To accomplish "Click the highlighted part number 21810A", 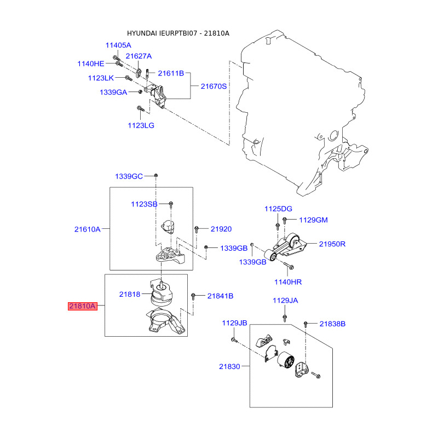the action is point(83,306).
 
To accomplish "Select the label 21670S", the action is point(214,87).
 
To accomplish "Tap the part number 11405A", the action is point(118,45).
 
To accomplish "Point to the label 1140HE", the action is point(91,64).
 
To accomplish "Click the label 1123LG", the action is point(141,125).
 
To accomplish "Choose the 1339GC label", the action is point(129,176).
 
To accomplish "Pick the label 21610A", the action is point(88,229).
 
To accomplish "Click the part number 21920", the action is point(221,229).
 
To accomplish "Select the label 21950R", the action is point(332,244).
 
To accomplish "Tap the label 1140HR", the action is point(288,282).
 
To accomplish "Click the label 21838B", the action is point(332,324).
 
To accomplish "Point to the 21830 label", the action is point(229,366).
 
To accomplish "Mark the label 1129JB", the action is point(235,323).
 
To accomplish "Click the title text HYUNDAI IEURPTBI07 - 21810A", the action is point(178,33).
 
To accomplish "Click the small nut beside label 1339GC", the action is point(156,175).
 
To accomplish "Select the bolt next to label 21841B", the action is point(193,296).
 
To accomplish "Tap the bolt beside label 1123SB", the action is point(171,204).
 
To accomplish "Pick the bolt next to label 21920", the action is point(197,229).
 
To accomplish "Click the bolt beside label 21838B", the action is point(306,324).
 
